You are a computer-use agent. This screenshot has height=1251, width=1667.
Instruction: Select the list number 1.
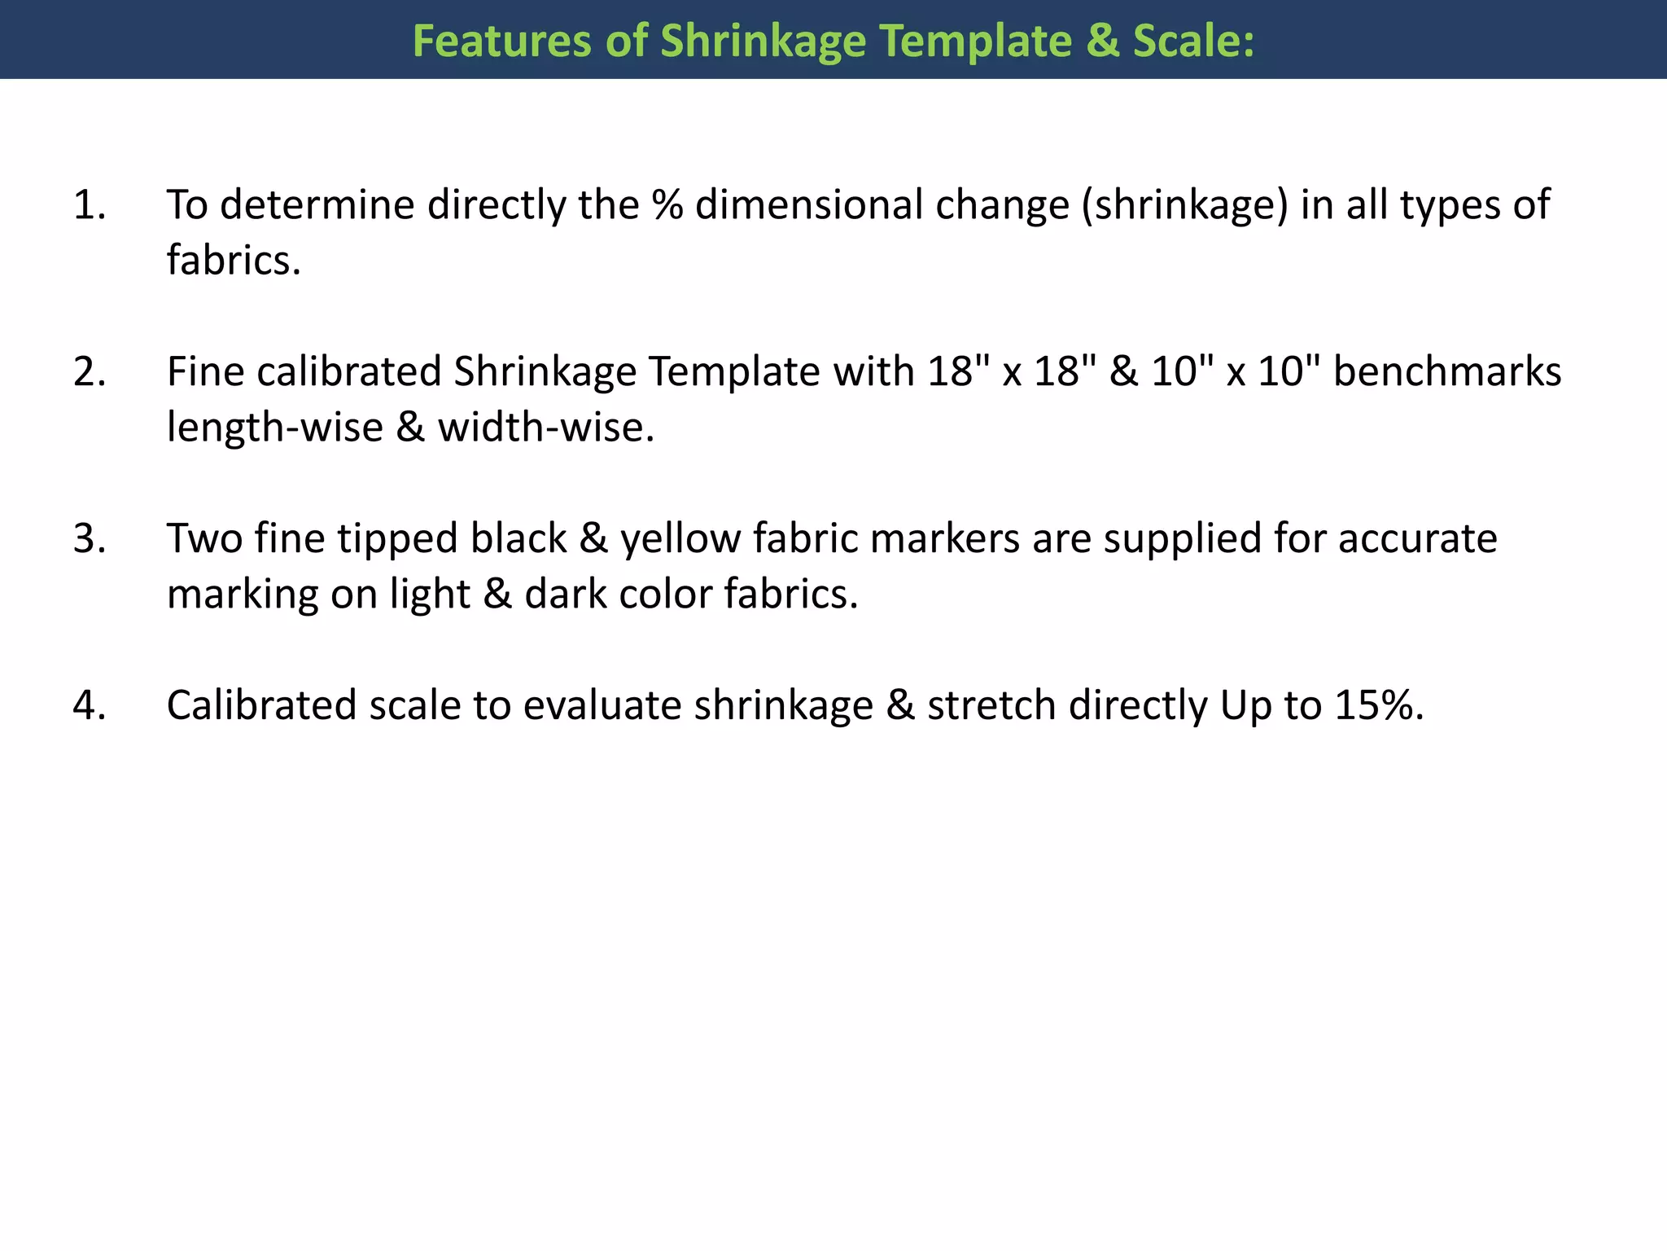(x=90, y=204)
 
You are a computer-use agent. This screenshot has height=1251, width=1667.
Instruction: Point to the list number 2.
(x=90, y=371)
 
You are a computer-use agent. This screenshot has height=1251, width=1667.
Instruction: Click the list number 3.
(x=90, y=538)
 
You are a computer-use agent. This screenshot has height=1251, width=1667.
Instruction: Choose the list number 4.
(x=90, y=705)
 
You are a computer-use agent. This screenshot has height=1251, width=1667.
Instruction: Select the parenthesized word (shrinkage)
(x=1185, y=204)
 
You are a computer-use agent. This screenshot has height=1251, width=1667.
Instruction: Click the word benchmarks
(x=1447, y=371)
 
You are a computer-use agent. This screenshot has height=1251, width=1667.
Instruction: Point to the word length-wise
(x=274, y=428)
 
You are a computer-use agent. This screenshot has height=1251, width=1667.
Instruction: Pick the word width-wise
(x=545, y=428)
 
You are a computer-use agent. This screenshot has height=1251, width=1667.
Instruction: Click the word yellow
(x=680, y=540)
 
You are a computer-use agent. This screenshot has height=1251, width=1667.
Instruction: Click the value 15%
(x=1378, y=705)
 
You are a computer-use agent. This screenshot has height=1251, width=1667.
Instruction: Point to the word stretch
(x=991, y=705)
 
